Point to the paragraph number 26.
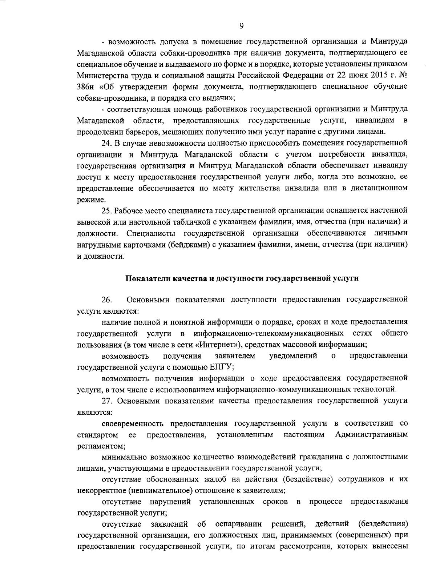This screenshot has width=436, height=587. point(106,300)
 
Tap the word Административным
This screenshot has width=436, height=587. point(371,435)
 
